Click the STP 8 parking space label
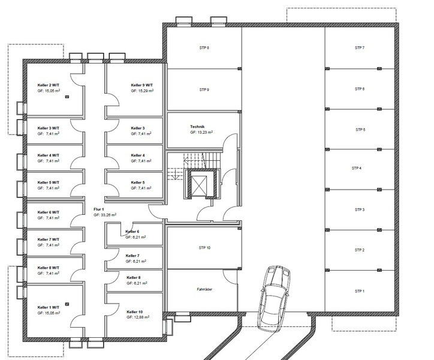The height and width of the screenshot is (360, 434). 204,47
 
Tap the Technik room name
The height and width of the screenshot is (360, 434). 197,127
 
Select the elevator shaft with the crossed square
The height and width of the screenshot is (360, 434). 199,185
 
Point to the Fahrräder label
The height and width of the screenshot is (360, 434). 204,289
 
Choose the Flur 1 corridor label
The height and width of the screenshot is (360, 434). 99,209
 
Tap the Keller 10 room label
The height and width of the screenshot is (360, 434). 135,312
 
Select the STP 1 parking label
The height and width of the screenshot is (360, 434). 360,291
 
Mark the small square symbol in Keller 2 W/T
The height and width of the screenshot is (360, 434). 67,97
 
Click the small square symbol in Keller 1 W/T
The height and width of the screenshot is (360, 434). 67,304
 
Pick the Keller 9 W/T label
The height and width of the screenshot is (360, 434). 141,85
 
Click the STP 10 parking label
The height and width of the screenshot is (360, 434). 204,248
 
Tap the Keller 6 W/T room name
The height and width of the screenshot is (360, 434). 49,212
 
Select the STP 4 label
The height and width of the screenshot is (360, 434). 357,168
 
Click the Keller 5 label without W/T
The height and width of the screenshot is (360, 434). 138,182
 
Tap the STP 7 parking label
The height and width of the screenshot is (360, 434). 360,47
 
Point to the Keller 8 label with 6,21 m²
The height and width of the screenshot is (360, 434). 134,277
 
